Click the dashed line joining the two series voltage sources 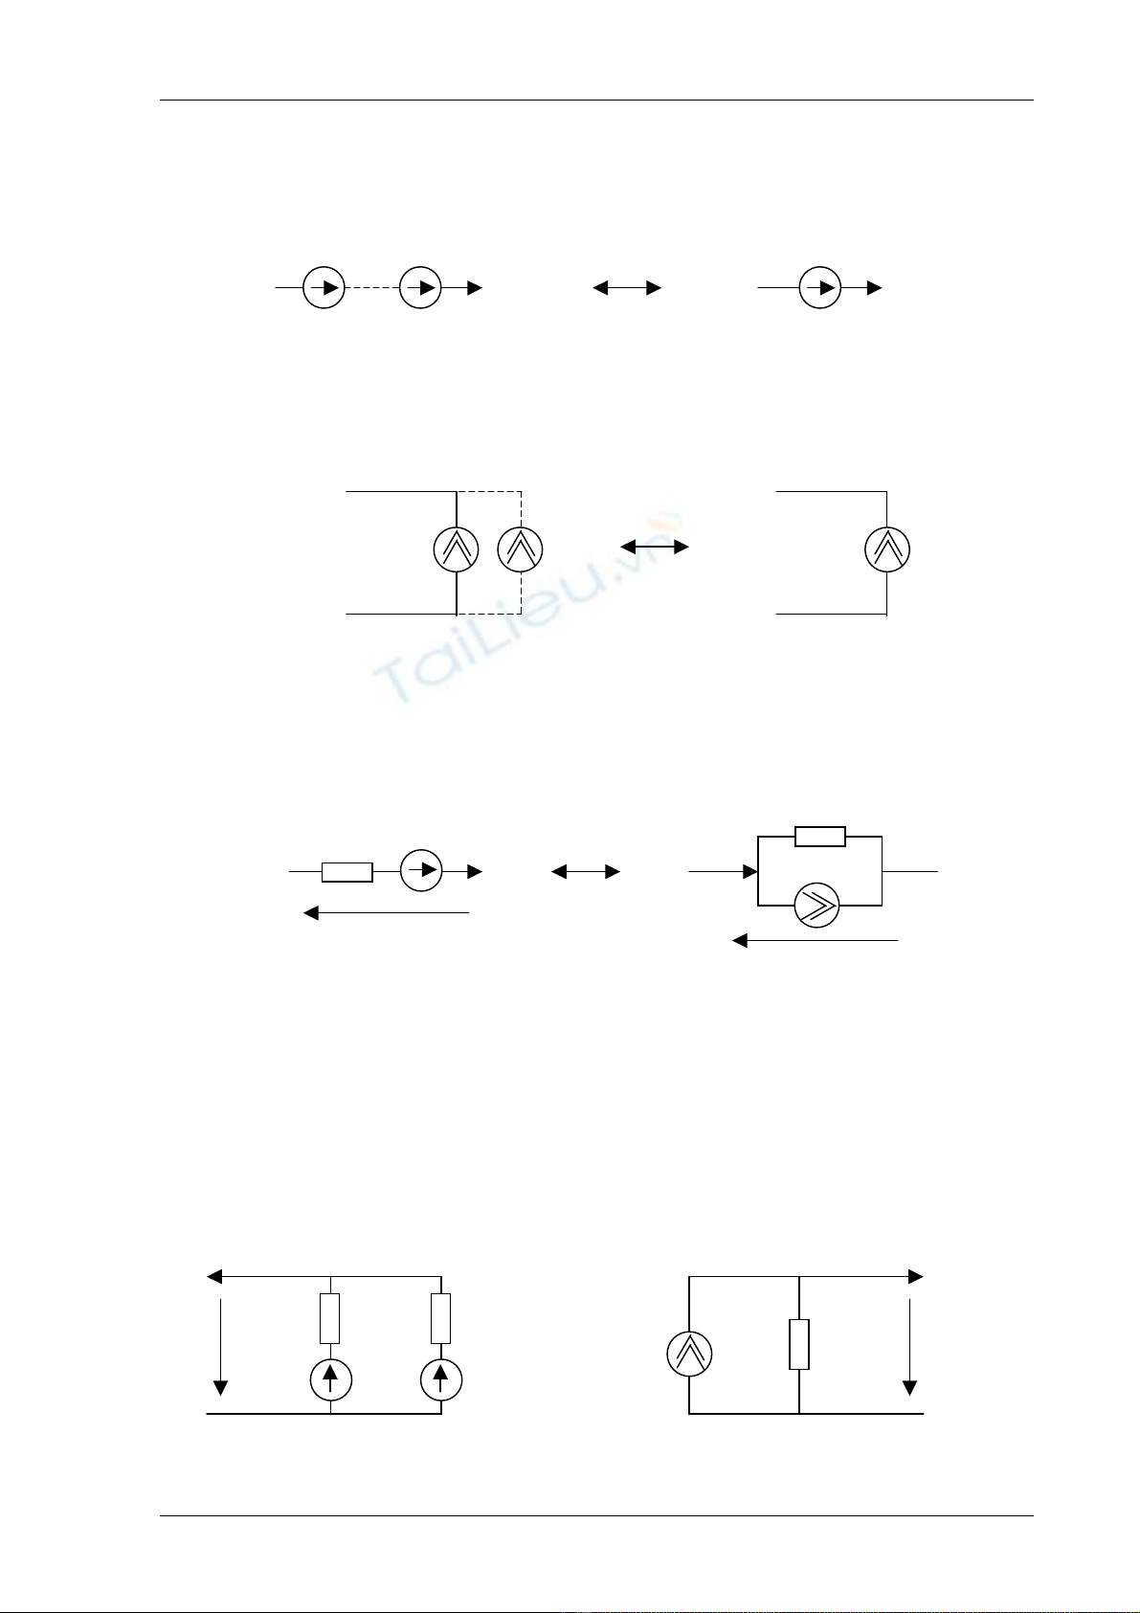tap(371, 288)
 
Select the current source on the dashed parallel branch tap(521, 549)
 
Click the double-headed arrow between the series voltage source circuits tap(627, 287)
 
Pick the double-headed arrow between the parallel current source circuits tap(655, 547)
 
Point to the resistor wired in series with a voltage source tap(346, 872)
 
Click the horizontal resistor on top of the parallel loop tap(820, 837)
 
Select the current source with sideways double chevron tap(817, 905)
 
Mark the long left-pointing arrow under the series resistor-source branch tap(386, 913)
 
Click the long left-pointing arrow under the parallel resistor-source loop tap(815, 941)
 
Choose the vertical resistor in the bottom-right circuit tap(799, 1344)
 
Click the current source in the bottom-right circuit tap(689, 1354)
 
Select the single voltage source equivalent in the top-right tap(819, 287)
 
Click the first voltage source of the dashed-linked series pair tap(324, 288)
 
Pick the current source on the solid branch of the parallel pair tap(456, 549)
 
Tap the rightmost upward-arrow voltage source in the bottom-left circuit tap(441, 1379)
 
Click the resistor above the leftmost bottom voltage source tap(329, 1318)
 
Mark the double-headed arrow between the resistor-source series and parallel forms tap(586, 872)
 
